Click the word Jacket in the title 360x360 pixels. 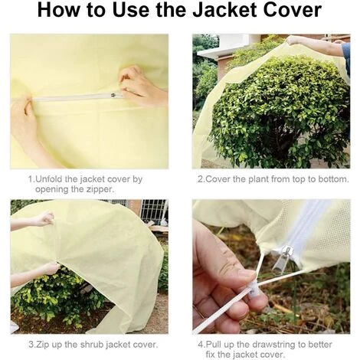click(224, 10)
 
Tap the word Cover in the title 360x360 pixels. click(292, 10)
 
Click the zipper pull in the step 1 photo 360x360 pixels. click(113, 95)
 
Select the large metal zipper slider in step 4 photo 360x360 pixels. click(282, 257)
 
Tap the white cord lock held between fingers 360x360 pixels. click(253, 289)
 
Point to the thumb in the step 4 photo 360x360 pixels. click(224, 255)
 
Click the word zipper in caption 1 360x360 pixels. click(99, 189)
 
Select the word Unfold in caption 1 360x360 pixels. click(48, 179)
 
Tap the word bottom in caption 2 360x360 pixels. click(333, 179)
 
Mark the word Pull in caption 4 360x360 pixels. click(213, 345)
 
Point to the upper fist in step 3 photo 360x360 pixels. click(45, 218)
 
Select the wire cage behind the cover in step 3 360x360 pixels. click(152, 212)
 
